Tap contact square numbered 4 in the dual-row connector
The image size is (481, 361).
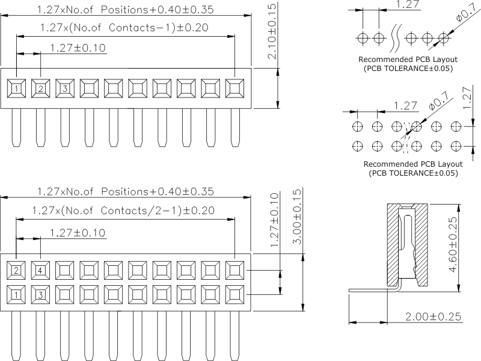click(x=41, y=270)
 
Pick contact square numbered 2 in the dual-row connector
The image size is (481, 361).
click(x=17, y=270)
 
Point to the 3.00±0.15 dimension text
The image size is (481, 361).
click(x=296, y=217)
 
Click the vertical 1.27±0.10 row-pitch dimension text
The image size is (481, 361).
click(x=275, y=220)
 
